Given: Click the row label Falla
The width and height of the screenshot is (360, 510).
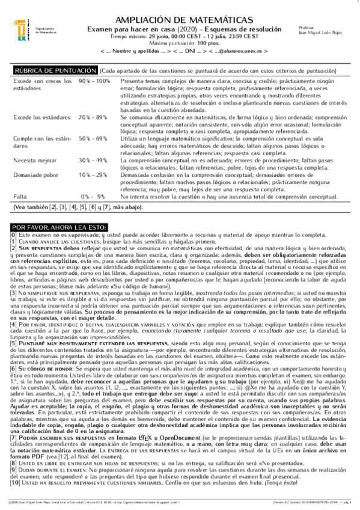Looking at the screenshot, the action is [19, 196].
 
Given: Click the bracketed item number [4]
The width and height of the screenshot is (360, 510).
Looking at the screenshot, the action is [14, 325].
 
